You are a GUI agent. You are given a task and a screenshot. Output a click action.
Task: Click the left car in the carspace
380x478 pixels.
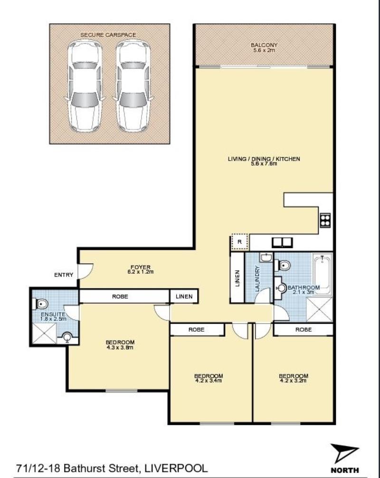point(85,86)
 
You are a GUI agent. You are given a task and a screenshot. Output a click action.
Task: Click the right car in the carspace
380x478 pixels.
point(133,86)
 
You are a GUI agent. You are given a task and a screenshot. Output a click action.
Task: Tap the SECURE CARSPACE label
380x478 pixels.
point(108,35)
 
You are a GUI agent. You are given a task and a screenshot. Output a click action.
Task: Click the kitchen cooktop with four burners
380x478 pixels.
point(325,220)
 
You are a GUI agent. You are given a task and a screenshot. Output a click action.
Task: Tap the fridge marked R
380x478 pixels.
point(240,242)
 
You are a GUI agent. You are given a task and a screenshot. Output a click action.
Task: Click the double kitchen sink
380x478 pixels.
point(282,242)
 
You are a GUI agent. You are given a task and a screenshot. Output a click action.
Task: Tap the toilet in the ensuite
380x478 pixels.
point(42,302)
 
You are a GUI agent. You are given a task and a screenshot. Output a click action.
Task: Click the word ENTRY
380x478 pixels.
point(64,275)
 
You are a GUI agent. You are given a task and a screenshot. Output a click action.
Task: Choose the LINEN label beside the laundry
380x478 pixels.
point(237,279)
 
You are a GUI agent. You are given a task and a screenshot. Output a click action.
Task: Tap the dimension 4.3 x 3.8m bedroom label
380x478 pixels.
point(120,347)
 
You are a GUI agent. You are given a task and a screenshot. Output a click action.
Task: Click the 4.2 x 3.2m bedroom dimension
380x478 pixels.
point(293,380)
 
